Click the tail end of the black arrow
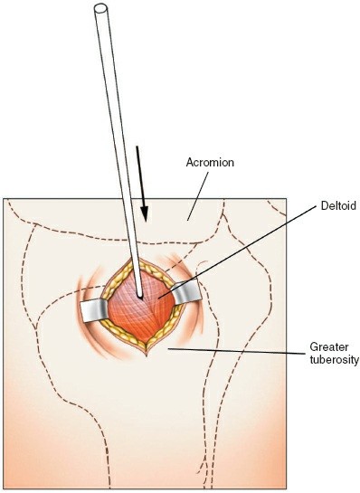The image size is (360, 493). [138, 147]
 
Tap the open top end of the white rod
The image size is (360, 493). [100, 10]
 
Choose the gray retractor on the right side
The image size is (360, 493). [188, 293]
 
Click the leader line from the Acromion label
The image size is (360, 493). [200, 191]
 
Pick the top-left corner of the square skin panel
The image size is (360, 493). [5, 198]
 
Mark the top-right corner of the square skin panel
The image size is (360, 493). [286, 198]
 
